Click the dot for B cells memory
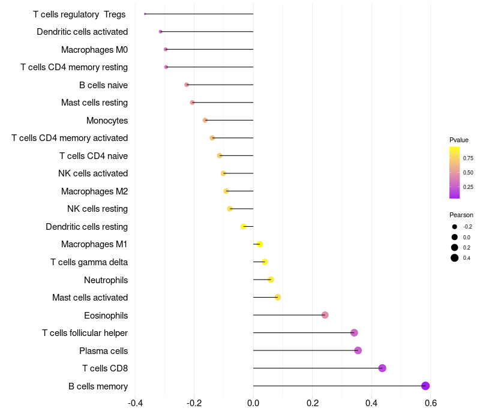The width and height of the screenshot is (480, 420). click(425, 386)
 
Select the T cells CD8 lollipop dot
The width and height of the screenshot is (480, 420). click(382, 368)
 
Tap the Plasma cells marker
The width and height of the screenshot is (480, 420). click(358, 350)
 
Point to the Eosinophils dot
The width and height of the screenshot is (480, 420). click(325, 315)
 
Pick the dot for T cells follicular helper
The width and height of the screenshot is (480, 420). click(354, 333)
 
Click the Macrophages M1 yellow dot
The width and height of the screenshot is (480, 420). click(259, 244)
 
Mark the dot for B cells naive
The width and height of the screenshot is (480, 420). click(187, 85)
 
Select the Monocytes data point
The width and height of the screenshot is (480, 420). click(205, 120)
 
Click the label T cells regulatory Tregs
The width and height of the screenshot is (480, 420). click(79, 14)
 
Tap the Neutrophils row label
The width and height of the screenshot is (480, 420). click(106, 280)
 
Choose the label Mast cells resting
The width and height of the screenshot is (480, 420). click(94, 103)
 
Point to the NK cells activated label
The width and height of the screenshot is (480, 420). click(93, 173)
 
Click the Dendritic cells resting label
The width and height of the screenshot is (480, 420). click(86, 227)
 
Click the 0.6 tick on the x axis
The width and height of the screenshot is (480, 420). click(430, 403)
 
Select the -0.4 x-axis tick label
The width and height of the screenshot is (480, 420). click(135, 403)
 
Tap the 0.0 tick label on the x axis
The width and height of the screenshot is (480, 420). click(253, 403)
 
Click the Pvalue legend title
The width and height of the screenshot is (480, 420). click(459, 140)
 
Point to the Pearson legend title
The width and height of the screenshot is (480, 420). click(461, 215)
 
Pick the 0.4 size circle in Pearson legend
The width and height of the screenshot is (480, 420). click(455, 258)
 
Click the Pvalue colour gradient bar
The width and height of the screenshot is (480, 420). click(455, 172)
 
